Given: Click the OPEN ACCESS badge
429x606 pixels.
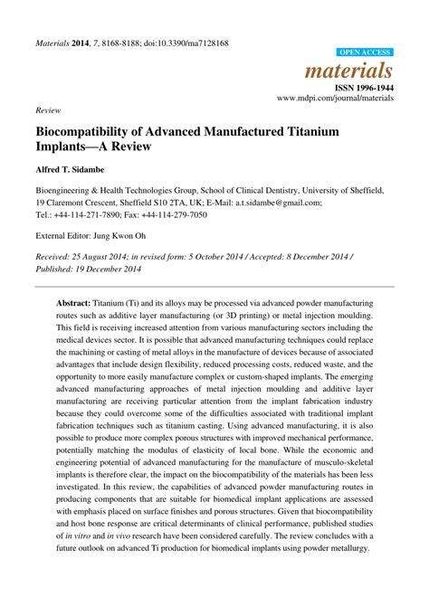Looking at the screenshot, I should tap(365, 53).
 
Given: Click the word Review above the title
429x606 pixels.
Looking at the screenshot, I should tap(47, 109).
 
